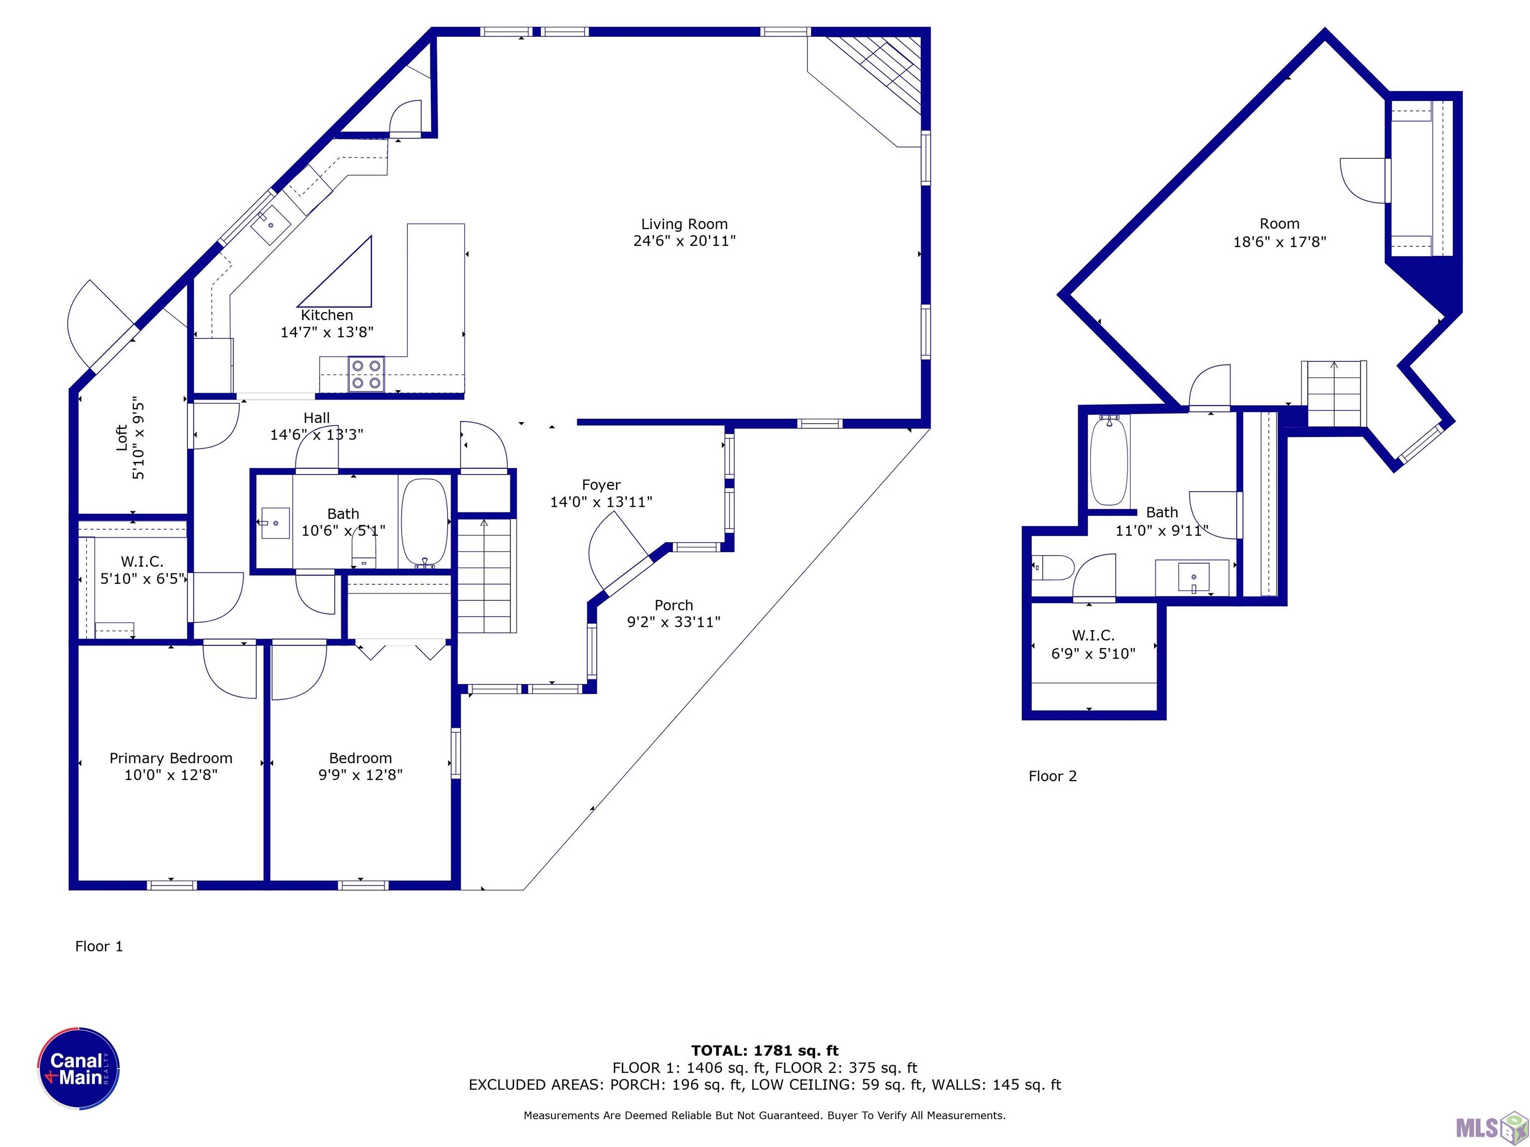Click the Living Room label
684,224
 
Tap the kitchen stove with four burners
366,374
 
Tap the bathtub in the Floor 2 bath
1109,460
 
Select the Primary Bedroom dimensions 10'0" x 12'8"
171,775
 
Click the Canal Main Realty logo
79,1068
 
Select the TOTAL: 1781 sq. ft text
765,1051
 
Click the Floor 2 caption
1052,776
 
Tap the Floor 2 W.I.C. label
1093,635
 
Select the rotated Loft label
122,438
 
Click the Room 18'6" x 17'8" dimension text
1279,242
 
